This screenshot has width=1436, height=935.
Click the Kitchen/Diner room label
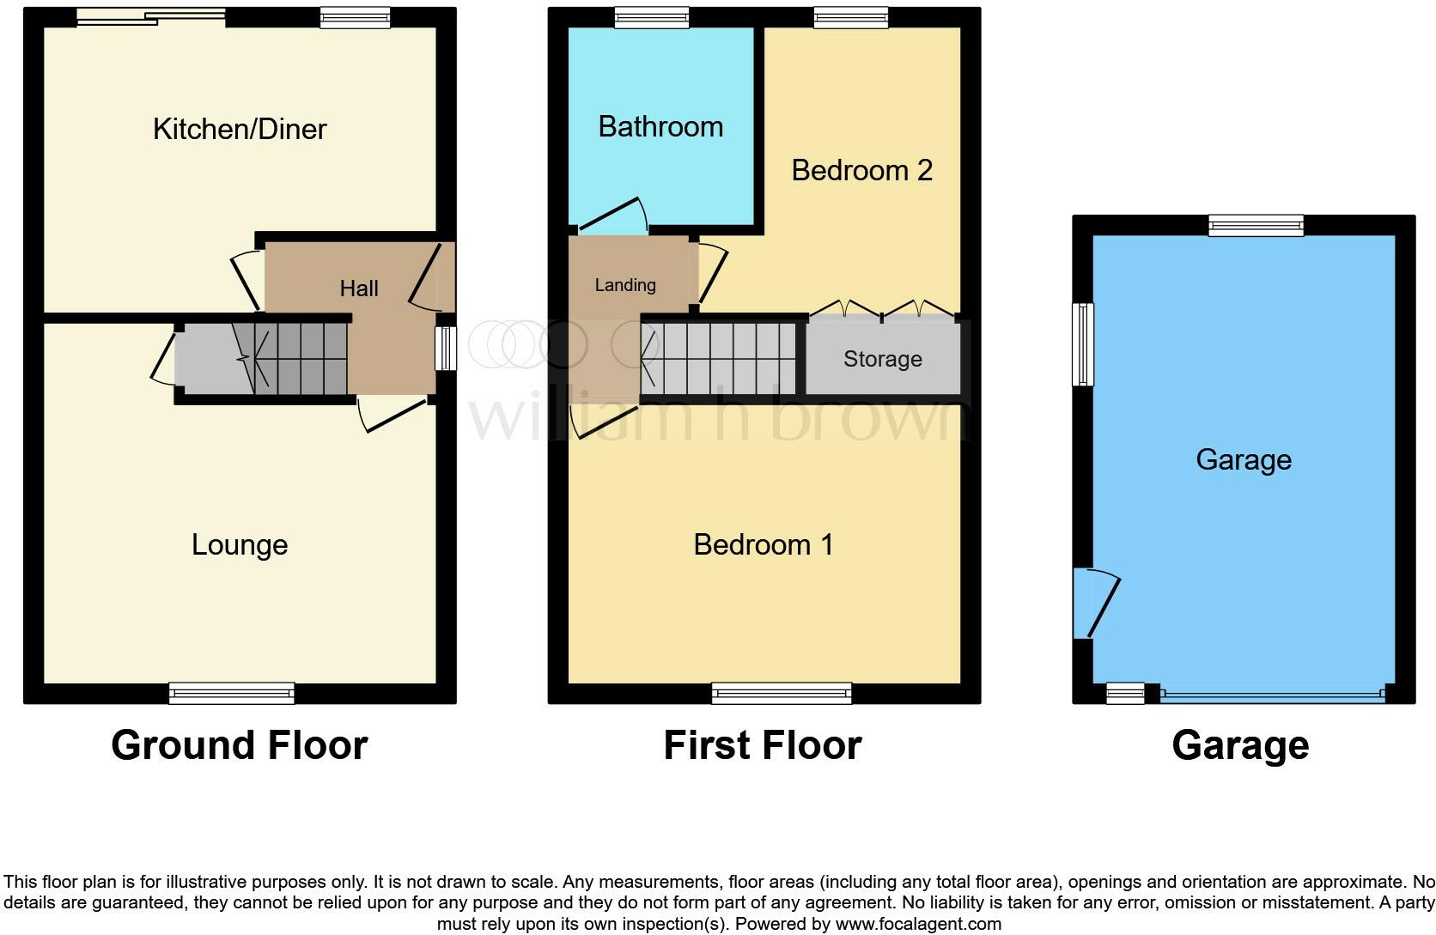click(x=240, y=129)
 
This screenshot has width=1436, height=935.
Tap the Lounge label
click(x=240, y=544)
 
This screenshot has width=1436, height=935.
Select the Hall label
click(x=359, y=288)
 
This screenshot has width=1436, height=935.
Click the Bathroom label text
click(x=660, y=127)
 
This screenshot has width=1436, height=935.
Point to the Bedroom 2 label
click(x=861, y=170)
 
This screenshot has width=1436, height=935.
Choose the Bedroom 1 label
click(x=764, y=544)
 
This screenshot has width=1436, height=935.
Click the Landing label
click(x=625, y=285)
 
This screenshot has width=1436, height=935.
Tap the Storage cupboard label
click(x=883, y=359)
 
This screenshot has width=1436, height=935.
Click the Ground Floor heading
click(x=240, y=745)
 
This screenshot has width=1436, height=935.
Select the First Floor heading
click(x=763, y=745)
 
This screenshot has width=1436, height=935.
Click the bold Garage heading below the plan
click(x=1240, y=745)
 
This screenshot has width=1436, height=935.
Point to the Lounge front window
click(x=232, y=693)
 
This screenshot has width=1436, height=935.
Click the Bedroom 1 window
click(x=782, y=693)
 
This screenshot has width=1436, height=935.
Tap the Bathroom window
click(x=652, y=17)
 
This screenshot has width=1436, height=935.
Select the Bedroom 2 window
click(x=851, y=17)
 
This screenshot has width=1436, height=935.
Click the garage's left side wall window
click(x=1084, y=344)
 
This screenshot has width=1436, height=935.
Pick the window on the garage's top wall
click(x=1256, y=226)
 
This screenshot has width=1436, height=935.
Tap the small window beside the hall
click(x=445, y=348)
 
